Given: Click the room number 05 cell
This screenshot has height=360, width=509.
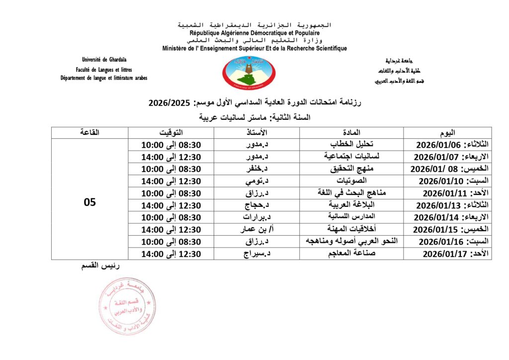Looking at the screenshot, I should [90, 203].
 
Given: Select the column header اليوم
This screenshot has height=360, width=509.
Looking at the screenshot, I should [447, 133].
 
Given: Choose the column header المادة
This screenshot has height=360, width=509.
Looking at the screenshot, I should [351, 133].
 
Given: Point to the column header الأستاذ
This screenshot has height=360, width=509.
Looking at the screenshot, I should [256, 133].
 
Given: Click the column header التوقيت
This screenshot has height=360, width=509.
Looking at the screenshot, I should [171, 133].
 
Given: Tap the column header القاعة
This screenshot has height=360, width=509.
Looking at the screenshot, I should [90, 133].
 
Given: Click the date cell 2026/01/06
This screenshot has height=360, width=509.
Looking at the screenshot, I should [447, 145].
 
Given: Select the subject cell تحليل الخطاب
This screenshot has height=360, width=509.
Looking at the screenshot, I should [351, 145].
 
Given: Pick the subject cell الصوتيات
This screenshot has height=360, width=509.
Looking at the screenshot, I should [351, 181].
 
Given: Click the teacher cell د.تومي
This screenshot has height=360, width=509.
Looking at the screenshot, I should [256, 181].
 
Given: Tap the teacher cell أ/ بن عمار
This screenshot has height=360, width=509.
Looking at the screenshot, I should [256, 229].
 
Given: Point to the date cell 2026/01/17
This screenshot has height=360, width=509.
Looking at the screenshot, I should [447, 254].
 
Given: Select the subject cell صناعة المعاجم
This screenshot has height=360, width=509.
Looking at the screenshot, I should [351, 254].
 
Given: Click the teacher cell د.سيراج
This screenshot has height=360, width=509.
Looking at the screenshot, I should [256, 254].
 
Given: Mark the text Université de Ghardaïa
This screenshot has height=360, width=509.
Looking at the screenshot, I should [104, 61].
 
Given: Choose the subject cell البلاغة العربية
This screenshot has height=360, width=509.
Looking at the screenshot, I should [351, 205].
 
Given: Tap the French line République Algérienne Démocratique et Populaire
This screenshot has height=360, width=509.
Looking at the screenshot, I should [254, 33].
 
